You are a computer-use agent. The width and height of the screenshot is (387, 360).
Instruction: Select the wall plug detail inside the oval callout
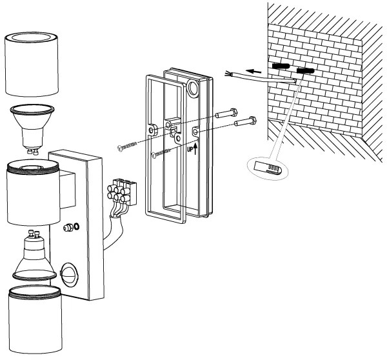tap(268, 166)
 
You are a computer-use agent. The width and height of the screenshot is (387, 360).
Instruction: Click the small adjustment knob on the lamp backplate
tap(70, 228)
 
